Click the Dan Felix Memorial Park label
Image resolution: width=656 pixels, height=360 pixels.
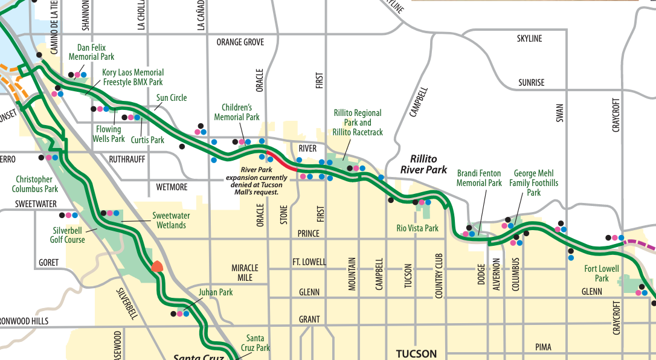[91, 52]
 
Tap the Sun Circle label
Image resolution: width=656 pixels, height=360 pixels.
[172, 98]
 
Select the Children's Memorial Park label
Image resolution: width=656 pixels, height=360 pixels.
[237, 112]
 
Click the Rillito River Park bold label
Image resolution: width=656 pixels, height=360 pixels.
[423, 164]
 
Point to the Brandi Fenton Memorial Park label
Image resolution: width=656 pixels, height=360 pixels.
[479, 178]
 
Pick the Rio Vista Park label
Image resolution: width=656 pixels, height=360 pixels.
[417, 228]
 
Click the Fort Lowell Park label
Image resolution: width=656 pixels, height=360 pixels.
[602, 274]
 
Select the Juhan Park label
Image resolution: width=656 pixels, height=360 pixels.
[216, 292]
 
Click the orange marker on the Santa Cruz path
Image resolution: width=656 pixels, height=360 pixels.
[157, 266]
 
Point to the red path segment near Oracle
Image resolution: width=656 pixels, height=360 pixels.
[281, 162]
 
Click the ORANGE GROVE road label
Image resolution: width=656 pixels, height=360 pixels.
[240, 42]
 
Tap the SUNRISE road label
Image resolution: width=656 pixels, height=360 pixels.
[531, 83]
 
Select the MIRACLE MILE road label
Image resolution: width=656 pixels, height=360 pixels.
[245, 272]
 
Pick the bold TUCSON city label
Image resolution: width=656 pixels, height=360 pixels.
[416, 353]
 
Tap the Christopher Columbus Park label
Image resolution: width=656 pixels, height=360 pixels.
[34, 184]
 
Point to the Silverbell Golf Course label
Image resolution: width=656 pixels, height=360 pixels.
[67, 235]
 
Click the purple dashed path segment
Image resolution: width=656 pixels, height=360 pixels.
[640, 243]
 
